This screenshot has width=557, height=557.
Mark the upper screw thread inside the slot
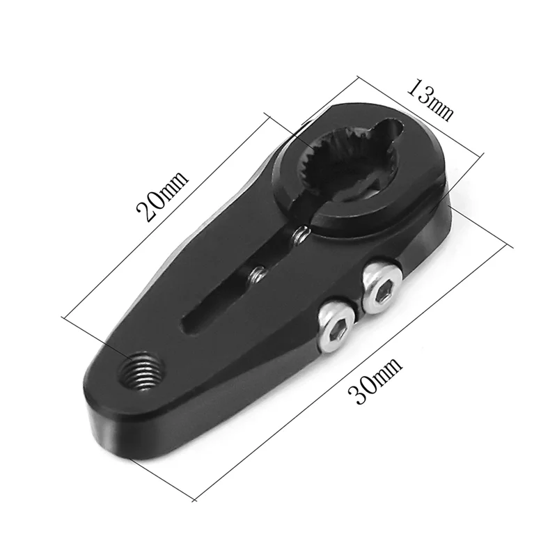tap(299, 237)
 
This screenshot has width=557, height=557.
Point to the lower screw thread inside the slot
tap(257, 275)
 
